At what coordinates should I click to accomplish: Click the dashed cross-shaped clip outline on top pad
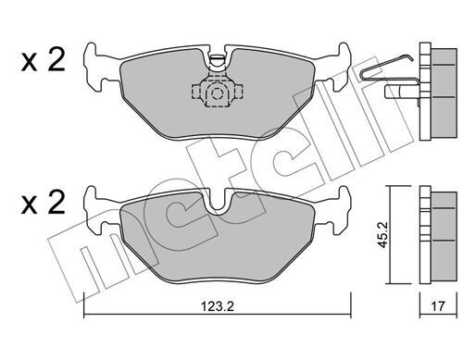click(216, 93)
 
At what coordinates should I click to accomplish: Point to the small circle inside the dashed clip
click(216, 93)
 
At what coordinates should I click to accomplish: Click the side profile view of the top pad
click(431, 88)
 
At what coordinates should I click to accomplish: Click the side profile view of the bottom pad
click(432, 237)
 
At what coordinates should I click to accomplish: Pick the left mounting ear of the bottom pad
click(95, 203)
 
